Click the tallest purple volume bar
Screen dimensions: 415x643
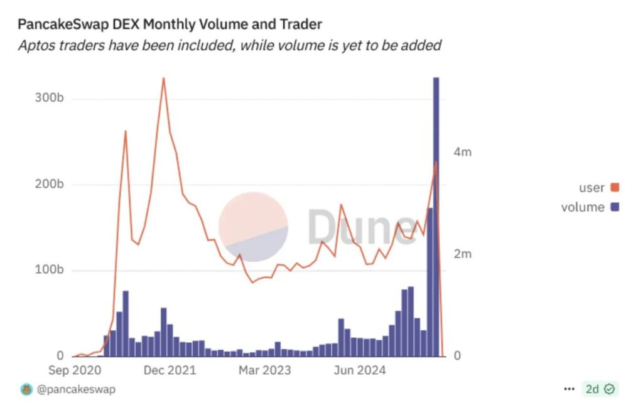point(436,217)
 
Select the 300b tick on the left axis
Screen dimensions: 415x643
point(49,99)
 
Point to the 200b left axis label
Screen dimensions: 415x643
point(49,185)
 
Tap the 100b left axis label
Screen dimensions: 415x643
point(49,271)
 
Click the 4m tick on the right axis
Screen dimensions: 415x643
point(463,153)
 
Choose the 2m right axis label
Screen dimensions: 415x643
point(463,254)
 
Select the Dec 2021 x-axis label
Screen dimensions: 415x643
point(170,370)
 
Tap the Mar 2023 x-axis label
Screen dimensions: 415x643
point(264,370)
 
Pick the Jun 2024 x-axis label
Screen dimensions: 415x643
point(359,370)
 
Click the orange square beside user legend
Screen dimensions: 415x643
point(614,188)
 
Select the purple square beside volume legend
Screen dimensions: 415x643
point(614,207)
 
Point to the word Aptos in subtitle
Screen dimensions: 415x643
point(34,45)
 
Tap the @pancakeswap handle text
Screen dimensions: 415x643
point(76,389)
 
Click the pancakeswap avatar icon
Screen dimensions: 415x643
point(26,389)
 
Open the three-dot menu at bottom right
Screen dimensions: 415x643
point(569,389)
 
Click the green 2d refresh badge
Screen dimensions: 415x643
point(600,389)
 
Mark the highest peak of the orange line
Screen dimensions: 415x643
point(163,78)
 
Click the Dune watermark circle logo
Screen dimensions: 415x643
point(253,227)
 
